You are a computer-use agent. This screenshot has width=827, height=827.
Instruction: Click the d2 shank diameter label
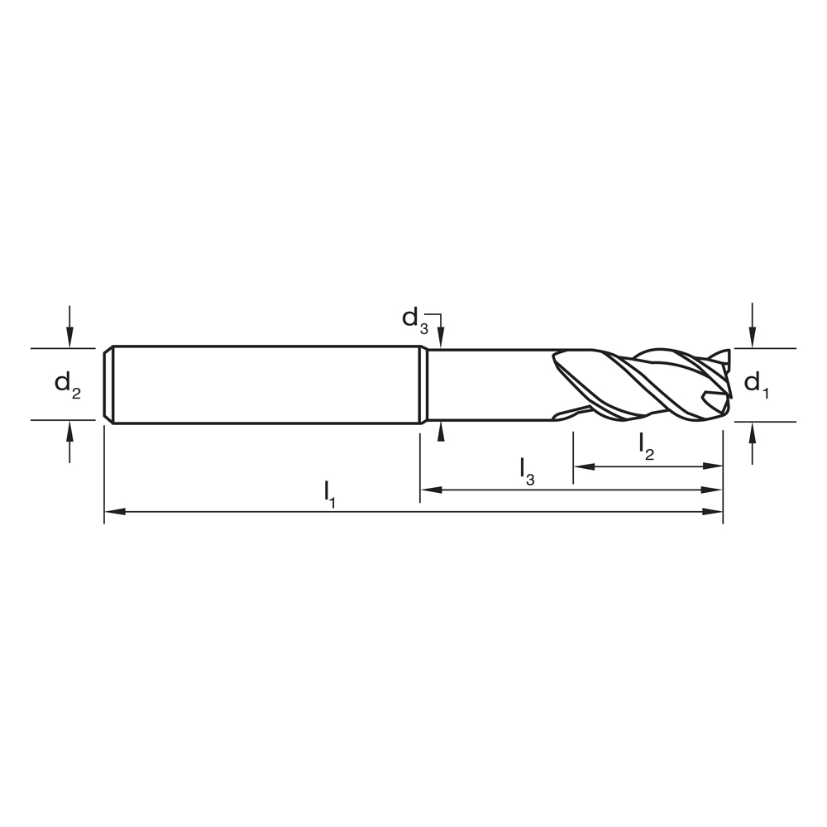pyautogui.click(x=68, y=385)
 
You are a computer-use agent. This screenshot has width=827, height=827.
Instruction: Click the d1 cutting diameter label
pyautogui.click(x=756, y=384)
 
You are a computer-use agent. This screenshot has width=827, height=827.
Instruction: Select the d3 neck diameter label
pyautogui.click(x=414, y=319)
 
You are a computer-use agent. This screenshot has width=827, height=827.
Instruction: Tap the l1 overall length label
pyautogui.click(x=331, y=493)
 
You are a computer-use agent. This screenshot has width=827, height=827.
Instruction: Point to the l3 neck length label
pyautogui.click(x=527, y=470)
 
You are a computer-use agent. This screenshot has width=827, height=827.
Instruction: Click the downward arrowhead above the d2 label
pyautogui.click(x=70, y=339)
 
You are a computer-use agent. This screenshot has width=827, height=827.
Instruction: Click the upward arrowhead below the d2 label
pyautogui.click(x=70, y=429)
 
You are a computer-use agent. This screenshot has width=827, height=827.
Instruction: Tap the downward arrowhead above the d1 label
pyautogui.click(x=752, y=339)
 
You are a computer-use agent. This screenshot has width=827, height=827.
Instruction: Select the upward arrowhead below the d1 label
pyautogui.click(x=752, y=431)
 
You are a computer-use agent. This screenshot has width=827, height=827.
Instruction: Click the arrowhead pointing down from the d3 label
pyautogui.click(x=442, y=340)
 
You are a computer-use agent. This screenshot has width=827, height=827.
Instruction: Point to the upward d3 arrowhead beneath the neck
pyautogui.click(x=442, y=431)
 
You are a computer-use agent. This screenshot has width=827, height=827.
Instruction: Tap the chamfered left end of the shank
pyautogui.click(x=109, y=385)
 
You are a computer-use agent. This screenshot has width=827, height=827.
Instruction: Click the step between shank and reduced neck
pyautogui.click(x=423, y=385)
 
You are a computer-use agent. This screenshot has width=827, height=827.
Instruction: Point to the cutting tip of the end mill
pyautogui.click(x=726, y=385)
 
